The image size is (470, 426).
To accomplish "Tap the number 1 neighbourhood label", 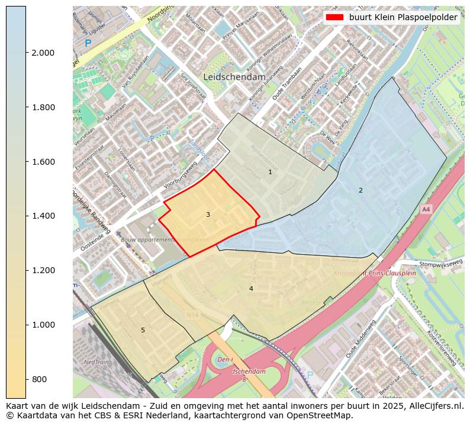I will [x=270, y=172].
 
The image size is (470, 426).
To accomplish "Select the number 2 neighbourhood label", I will [x=360, y=190].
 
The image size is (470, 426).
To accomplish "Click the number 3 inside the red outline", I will [x=208, y=214].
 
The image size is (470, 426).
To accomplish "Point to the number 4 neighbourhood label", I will [x=251, y=289].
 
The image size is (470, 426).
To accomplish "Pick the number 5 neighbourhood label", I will [x=143, y=330].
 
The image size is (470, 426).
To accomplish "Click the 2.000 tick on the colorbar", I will [x=43, y=53].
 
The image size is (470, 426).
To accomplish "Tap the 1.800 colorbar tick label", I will [x=43, y=107].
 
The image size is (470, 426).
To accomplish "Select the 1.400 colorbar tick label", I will [x=43, y=216].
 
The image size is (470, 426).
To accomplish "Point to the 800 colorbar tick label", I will [x=38, y=379].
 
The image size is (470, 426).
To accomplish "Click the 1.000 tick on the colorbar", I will [x=43, y=325].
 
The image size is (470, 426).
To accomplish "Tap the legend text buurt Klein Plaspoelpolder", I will [x=403, y=18].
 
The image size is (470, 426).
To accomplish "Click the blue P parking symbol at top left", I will [x=88, y=43].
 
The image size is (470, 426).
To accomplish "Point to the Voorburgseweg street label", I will [x=180, y=177].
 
